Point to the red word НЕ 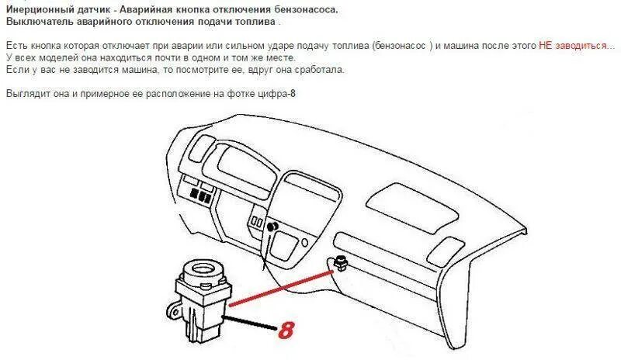point(545,47)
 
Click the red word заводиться point(583,47)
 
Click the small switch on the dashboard point(339,264)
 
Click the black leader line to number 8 point(253,322)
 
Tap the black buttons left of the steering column point(197,192)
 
